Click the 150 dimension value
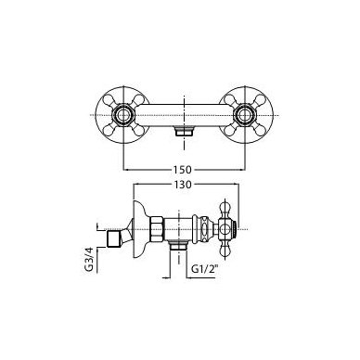click(x=183, y=170)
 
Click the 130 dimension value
click(x=183, y=185)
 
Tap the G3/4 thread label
click(x=89, y=260)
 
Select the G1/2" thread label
click(x=203, y=268)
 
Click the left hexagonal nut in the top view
click(x=123, y=115)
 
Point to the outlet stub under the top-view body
click(x=184, y=131)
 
